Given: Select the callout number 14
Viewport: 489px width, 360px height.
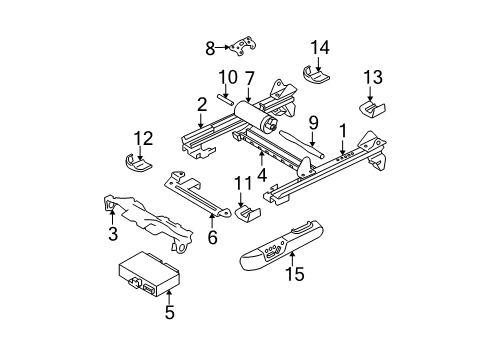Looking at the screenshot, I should tap(319, 46).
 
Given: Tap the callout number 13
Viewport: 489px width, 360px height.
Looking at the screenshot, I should tap(373, 78).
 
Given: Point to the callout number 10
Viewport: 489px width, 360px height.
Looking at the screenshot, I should tap(227, 77).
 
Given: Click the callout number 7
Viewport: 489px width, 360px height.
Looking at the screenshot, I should tap(251, 77).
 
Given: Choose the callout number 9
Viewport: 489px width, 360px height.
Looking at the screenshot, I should tap(313, 123).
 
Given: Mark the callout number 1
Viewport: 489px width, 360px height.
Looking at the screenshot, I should tap(343, 131).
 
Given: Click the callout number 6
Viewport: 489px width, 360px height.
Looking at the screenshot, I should tap(210, 238).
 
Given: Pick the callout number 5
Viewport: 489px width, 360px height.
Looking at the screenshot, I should tap(169, 312).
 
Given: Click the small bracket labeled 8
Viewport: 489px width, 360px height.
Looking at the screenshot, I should tap(241, 47).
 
